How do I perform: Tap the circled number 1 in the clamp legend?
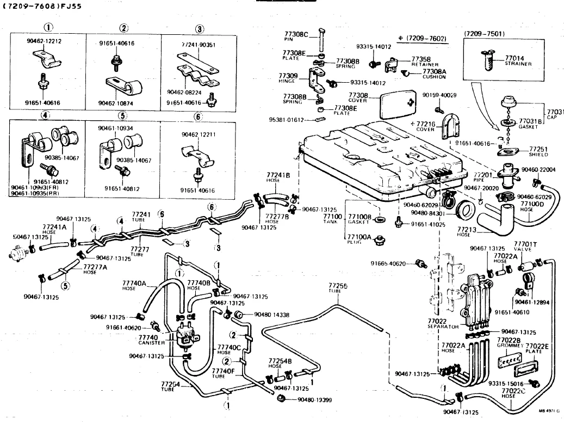coord(48,28)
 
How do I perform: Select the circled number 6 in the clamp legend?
coord(198,116)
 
